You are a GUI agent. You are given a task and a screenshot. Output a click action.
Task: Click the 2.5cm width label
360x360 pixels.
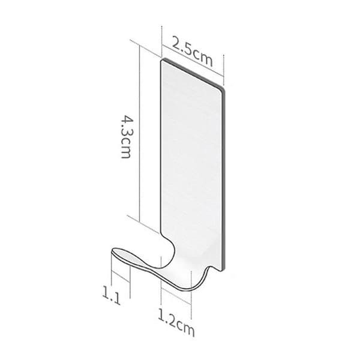point(193,53)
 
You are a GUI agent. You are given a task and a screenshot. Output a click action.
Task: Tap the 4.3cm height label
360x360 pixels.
point(126,137)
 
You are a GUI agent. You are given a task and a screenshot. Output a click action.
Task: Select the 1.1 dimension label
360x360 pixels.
point(112,296)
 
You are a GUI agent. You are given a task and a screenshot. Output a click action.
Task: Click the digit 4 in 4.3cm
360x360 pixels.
point(126,121)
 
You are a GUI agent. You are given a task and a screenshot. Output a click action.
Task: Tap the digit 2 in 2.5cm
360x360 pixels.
point(176,44)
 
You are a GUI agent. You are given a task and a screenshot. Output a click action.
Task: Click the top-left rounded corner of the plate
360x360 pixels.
point(162,61)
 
